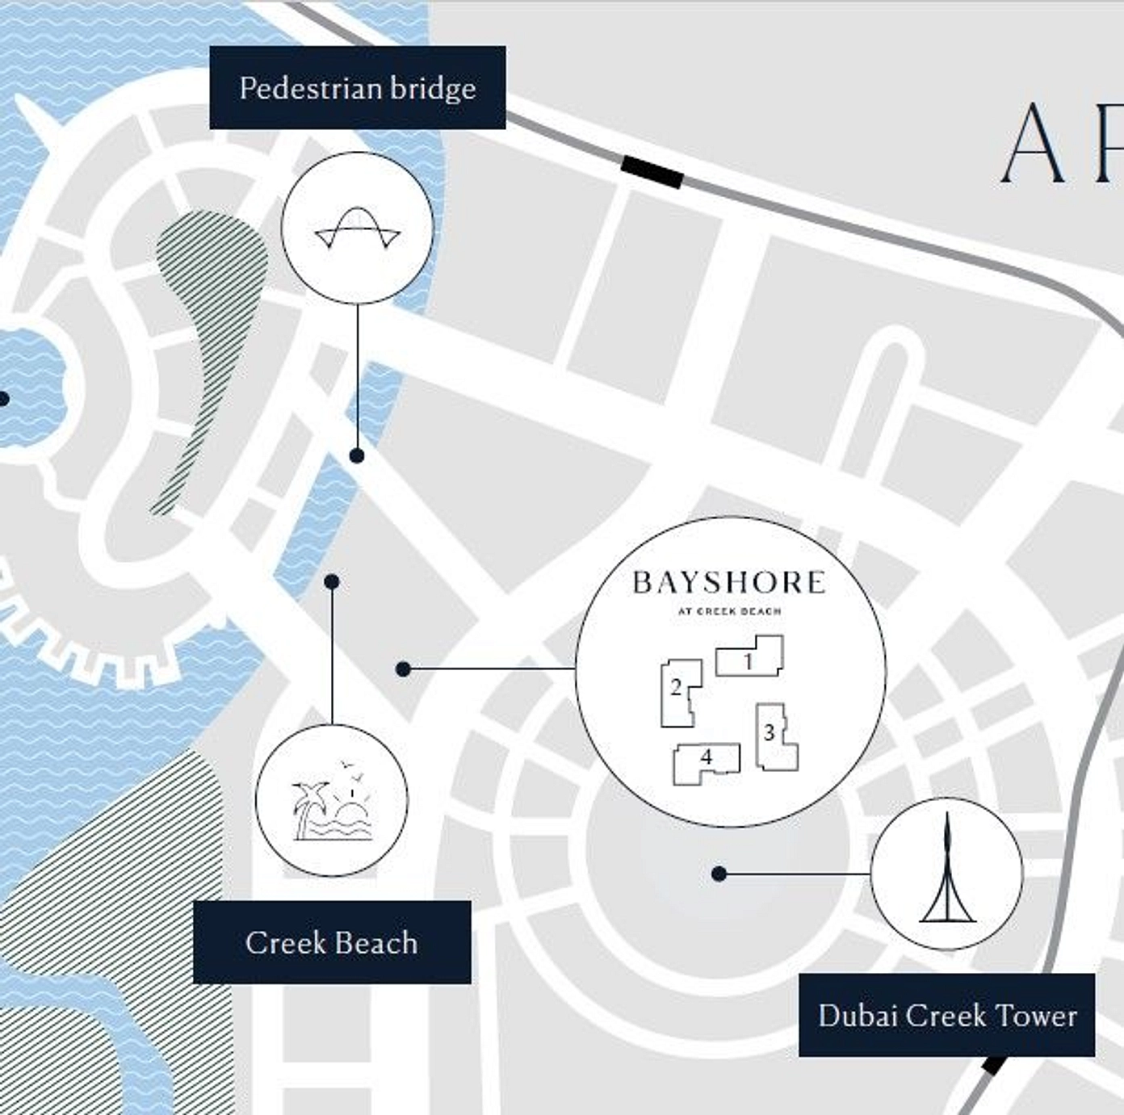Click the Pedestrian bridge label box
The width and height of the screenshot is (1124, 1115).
357,87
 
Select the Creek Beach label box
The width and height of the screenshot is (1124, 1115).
331,942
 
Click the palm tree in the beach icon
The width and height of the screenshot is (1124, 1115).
309,804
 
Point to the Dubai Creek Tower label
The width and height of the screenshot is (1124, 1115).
946,1015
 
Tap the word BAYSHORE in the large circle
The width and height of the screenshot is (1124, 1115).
729,582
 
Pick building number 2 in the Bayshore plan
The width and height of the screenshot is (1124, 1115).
677,692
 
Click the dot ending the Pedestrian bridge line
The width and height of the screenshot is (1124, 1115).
357,455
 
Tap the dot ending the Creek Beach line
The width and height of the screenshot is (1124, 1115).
331,581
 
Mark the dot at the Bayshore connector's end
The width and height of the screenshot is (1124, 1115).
404,669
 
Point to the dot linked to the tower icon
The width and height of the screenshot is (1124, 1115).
719,874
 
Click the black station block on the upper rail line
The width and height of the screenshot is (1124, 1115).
652,172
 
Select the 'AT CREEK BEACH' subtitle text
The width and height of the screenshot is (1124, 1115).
729,611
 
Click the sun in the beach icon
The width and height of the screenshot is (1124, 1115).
352,808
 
